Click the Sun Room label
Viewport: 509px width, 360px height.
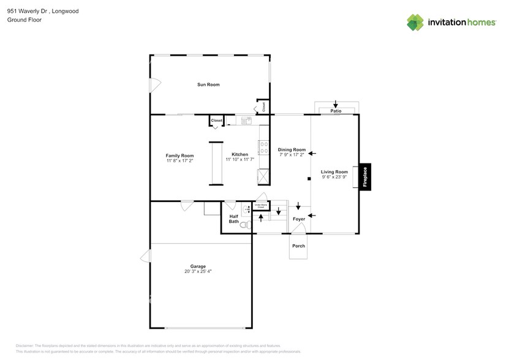[208, 84]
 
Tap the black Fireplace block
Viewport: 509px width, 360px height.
[365, 177]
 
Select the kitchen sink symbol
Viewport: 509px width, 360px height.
[246, 121]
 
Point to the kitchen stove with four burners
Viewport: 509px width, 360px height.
[264, 147]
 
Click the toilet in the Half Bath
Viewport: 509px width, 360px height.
[245, 226]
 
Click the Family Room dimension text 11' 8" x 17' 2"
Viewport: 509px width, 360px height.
[179, 160]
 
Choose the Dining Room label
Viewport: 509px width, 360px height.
[292, 149]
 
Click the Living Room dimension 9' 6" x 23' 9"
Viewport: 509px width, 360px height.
[334, 177]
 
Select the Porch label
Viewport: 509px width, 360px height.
[298, 246]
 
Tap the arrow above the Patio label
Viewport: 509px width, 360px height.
[335, 104]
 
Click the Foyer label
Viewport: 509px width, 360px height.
[298, 219]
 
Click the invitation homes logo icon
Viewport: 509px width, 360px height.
[415, 22]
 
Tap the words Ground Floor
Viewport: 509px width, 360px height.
[21, 20]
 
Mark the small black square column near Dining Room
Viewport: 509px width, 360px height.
[309, 179]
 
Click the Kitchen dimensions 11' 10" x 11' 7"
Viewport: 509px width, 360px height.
[239, 160]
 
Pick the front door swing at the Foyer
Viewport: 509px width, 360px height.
[298, 228]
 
